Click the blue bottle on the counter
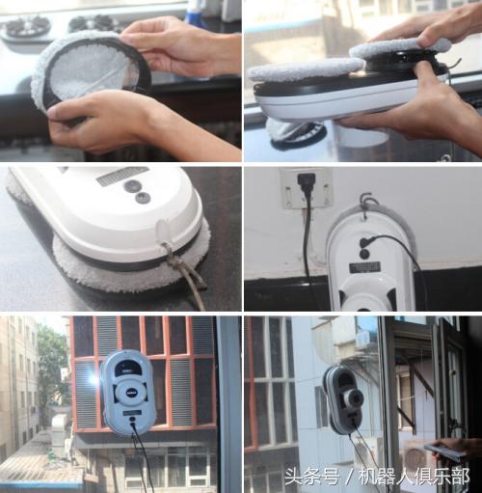[195, 12]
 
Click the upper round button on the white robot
[133, 185]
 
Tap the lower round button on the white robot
[143, 198]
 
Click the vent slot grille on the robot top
[121, 176]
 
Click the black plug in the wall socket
[308, 181]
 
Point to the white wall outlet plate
[307, 187]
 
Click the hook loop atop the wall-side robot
[365, 204]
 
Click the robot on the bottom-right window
[344, 397]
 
